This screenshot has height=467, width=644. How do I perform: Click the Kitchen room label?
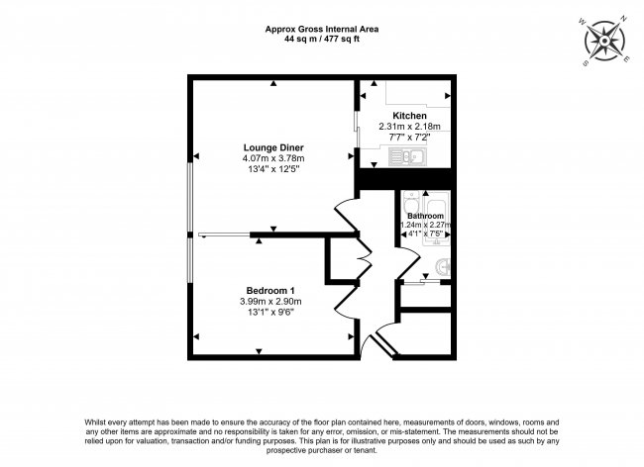pos(409,116)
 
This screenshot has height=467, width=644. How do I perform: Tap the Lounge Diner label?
pos(273,147)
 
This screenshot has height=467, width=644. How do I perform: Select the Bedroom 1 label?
pos(270,291)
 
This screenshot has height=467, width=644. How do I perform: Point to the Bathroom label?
pos(425,216)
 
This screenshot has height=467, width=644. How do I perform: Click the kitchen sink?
pos(408,156)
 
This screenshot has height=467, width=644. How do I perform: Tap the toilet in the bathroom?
pos(411,201)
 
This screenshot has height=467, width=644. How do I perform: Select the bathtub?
pos(437,222)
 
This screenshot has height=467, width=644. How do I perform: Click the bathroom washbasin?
pos(444,268)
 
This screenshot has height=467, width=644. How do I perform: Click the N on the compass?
pos(624,29)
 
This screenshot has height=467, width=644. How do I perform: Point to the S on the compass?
pos(584,62)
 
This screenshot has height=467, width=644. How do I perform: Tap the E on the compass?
pos(626,60)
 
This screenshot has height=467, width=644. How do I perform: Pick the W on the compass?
pos(582,22)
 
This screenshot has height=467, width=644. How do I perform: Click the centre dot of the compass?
pos(604,41)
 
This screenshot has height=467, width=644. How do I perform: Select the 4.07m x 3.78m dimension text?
pos(273,158)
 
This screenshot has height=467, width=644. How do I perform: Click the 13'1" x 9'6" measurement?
pos(270,313)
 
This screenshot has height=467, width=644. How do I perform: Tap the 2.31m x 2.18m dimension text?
pos(409,127)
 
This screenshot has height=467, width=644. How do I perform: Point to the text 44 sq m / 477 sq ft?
pos(322,40)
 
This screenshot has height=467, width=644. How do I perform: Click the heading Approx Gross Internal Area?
pos(322,29)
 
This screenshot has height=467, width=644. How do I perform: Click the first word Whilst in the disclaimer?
pos(94,421)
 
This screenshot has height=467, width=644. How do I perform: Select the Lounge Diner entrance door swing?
pos(346,215)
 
